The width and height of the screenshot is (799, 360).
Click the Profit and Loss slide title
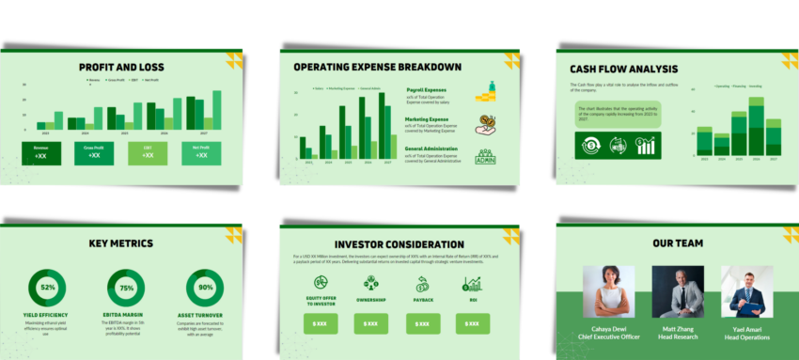coord(121,68)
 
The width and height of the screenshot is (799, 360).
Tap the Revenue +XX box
coord(40,152)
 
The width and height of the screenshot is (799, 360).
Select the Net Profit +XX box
coord(202,152)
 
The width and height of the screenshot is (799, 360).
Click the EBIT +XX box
coord(148,152)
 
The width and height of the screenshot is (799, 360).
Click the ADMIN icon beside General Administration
coord(485,157)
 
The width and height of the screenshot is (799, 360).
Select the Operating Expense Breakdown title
coord(377,67)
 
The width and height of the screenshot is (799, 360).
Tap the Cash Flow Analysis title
coord(623,69)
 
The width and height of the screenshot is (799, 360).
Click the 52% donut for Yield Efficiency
coord(48,288)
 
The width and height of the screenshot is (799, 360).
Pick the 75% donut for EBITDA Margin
coord(126,288)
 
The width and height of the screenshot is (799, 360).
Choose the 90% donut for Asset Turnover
coord(205,288)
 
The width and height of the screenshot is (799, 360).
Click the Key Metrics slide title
coord(121,243)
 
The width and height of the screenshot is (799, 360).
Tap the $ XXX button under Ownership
coord(371,323)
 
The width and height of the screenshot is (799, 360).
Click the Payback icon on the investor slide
coord(422,281)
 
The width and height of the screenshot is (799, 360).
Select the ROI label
coord(473,301)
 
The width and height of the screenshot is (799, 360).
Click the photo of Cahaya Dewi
coord(608,290)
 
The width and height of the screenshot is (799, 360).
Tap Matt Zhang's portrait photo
coord(678,290)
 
